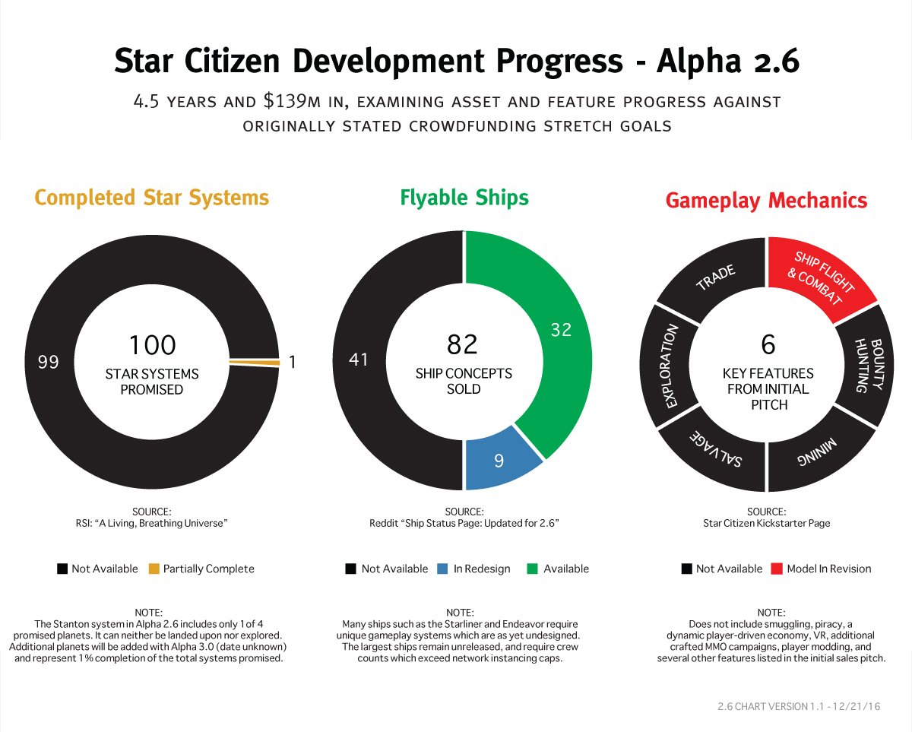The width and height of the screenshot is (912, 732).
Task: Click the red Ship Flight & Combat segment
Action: pyautogui.click(x=817, y=275)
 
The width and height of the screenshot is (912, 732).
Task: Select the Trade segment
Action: pyautogui.click(x=714, y=277)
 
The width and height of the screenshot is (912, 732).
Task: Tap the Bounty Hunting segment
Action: pyautogui.click(x=863, y=365)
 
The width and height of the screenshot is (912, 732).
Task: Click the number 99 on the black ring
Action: pyautogui.click(x=49, y=363)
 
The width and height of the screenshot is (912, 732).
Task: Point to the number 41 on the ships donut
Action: pyautogui.click(x=358, y=360)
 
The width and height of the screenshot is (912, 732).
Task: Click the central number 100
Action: pyautogui.click(x=152, y=344)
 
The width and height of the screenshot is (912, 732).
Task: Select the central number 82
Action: pyautogui.click(x=462, y=344)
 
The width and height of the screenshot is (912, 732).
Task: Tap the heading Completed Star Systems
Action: pyautogui.click(x=152, y=198)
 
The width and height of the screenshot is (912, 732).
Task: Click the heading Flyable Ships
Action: pyautogui.click(x=464, y=198)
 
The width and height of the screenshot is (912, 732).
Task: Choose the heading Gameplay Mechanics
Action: pyautogui.click(x=766, y=201)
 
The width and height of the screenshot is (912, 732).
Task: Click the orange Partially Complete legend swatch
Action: pyautogui.click(x=154, y=569)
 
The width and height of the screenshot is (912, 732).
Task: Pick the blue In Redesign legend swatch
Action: pyautogui.click(x=442, y=569)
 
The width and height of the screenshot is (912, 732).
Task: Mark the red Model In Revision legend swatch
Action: pyautogui.click(x=777, y=569)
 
